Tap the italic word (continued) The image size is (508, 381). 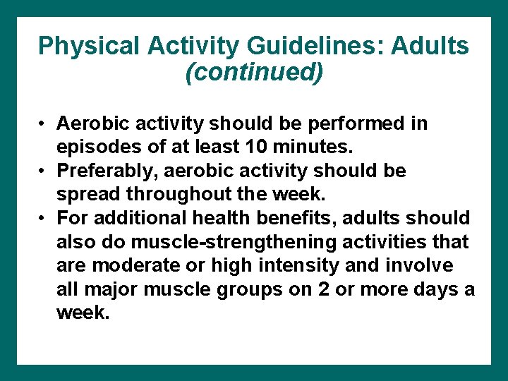click(254, 72)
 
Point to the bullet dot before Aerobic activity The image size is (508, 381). click(43, 124)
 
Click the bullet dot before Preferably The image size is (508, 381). click(43, 171)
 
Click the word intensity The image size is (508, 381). click(299, 266)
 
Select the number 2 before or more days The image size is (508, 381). click(329, 289)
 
